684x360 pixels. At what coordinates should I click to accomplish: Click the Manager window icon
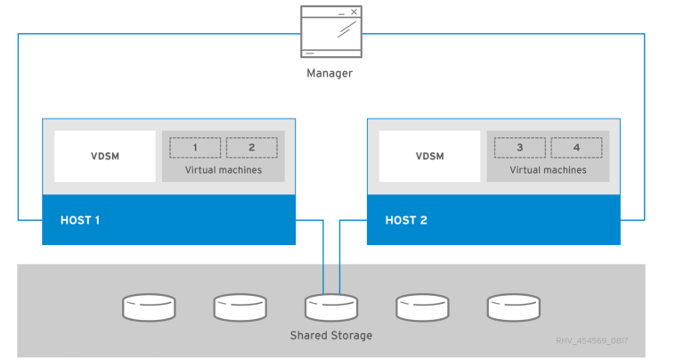click(330, 33)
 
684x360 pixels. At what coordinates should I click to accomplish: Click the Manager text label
click(330, 73)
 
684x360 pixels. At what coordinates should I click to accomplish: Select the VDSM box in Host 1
click(105, 156)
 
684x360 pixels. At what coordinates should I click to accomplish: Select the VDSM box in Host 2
click(429, 156)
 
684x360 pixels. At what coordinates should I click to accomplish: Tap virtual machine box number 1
click(195, 147)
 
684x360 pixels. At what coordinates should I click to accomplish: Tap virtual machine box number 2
click(251, 147)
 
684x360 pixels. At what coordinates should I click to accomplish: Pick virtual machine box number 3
click(519, 147)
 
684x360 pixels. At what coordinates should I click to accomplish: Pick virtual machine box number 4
click(576, 147)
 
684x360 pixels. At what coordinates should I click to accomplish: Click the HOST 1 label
click(80, 219)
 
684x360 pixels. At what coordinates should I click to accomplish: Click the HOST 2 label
click(406, 219)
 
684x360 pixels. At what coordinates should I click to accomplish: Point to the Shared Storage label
click(330, 335)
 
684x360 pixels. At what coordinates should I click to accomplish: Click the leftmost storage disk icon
click(149, 307)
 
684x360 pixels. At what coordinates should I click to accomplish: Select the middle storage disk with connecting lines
click(330, 307)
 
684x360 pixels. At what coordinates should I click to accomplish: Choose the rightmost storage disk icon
click(514, 307)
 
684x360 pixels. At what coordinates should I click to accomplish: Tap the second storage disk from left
click(240, 307)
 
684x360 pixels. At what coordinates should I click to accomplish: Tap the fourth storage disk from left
click(422, 307)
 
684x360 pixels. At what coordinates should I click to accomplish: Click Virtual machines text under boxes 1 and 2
click(224, 169)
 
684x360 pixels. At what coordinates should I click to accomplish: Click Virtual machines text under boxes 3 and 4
click(548, 169)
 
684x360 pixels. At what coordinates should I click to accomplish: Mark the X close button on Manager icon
click(354, 12)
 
